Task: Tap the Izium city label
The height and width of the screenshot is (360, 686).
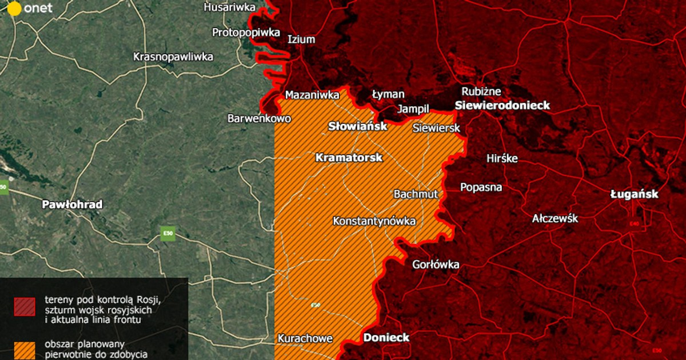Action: point(301,39)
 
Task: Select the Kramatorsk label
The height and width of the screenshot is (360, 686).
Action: point(349,157)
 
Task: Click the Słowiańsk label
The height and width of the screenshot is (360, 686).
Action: point(357,126)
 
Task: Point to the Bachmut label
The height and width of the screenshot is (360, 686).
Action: point(416,194)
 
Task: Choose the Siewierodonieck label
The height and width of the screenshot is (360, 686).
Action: point(502,105)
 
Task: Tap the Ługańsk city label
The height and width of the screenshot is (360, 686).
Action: point(634,194)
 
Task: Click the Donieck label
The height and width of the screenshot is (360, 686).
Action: point(386,337)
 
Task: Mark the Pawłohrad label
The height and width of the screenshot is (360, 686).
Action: point(72,204)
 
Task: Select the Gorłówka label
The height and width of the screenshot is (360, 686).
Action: point(435,265)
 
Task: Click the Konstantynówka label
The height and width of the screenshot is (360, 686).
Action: point(374,221)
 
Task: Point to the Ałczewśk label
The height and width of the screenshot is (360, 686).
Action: point(555,219)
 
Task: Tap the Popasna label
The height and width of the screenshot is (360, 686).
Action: point(481,187)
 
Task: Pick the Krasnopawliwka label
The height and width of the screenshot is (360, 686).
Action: point(173,57)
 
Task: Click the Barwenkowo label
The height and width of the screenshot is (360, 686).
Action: point(259,119)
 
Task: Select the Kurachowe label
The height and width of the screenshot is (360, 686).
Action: point(305,338)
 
